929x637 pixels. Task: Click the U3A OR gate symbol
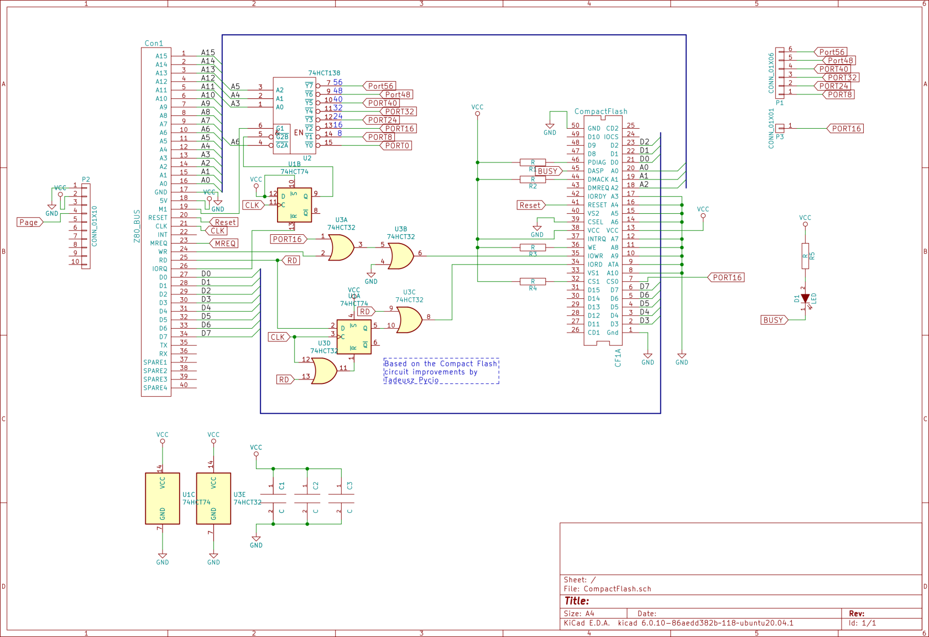pyautogui.click(x=341, y=247)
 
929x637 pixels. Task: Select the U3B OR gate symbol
pyautogui.click(x=400, y=256)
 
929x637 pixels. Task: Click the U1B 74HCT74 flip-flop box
pyautogui.click(x=294, y=205)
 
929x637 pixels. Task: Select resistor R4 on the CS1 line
pyautogui.click(x=533, y=282)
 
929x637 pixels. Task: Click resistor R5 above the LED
pyautogui.click(x=805, y=256)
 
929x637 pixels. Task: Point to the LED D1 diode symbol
pyautogui.click(x=805, y=299)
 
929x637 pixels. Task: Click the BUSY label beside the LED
pyautogui.click(x=773, y=320)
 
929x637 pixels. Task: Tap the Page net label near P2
pyautogui.click(x=29, y=222)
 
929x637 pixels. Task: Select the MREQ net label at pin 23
pyautogui.click(x=225, y=243)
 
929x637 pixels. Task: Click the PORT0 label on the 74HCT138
pyautogui.click(x=396, y=146)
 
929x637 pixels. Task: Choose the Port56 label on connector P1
pyautogui.click(x=831, y=52)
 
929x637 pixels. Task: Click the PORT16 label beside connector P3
pyautogui.click(x=846, y=129)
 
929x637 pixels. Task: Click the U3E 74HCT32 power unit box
pyautogui.click(x=213, y=498)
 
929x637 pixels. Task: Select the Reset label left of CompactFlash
pyautogui.click(x=530, y=205)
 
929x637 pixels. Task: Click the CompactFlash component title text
pyautogui.click(x=601, y=112)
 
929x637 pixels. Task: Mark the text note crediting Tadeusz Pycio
pyautogui.click(x=441, y=371)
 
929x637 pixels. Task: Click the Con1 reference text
pyautogui.click(x=154, y=43)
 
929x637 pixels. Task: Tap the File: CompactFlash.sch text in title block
pyautogui.click(x=607, y=589)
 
